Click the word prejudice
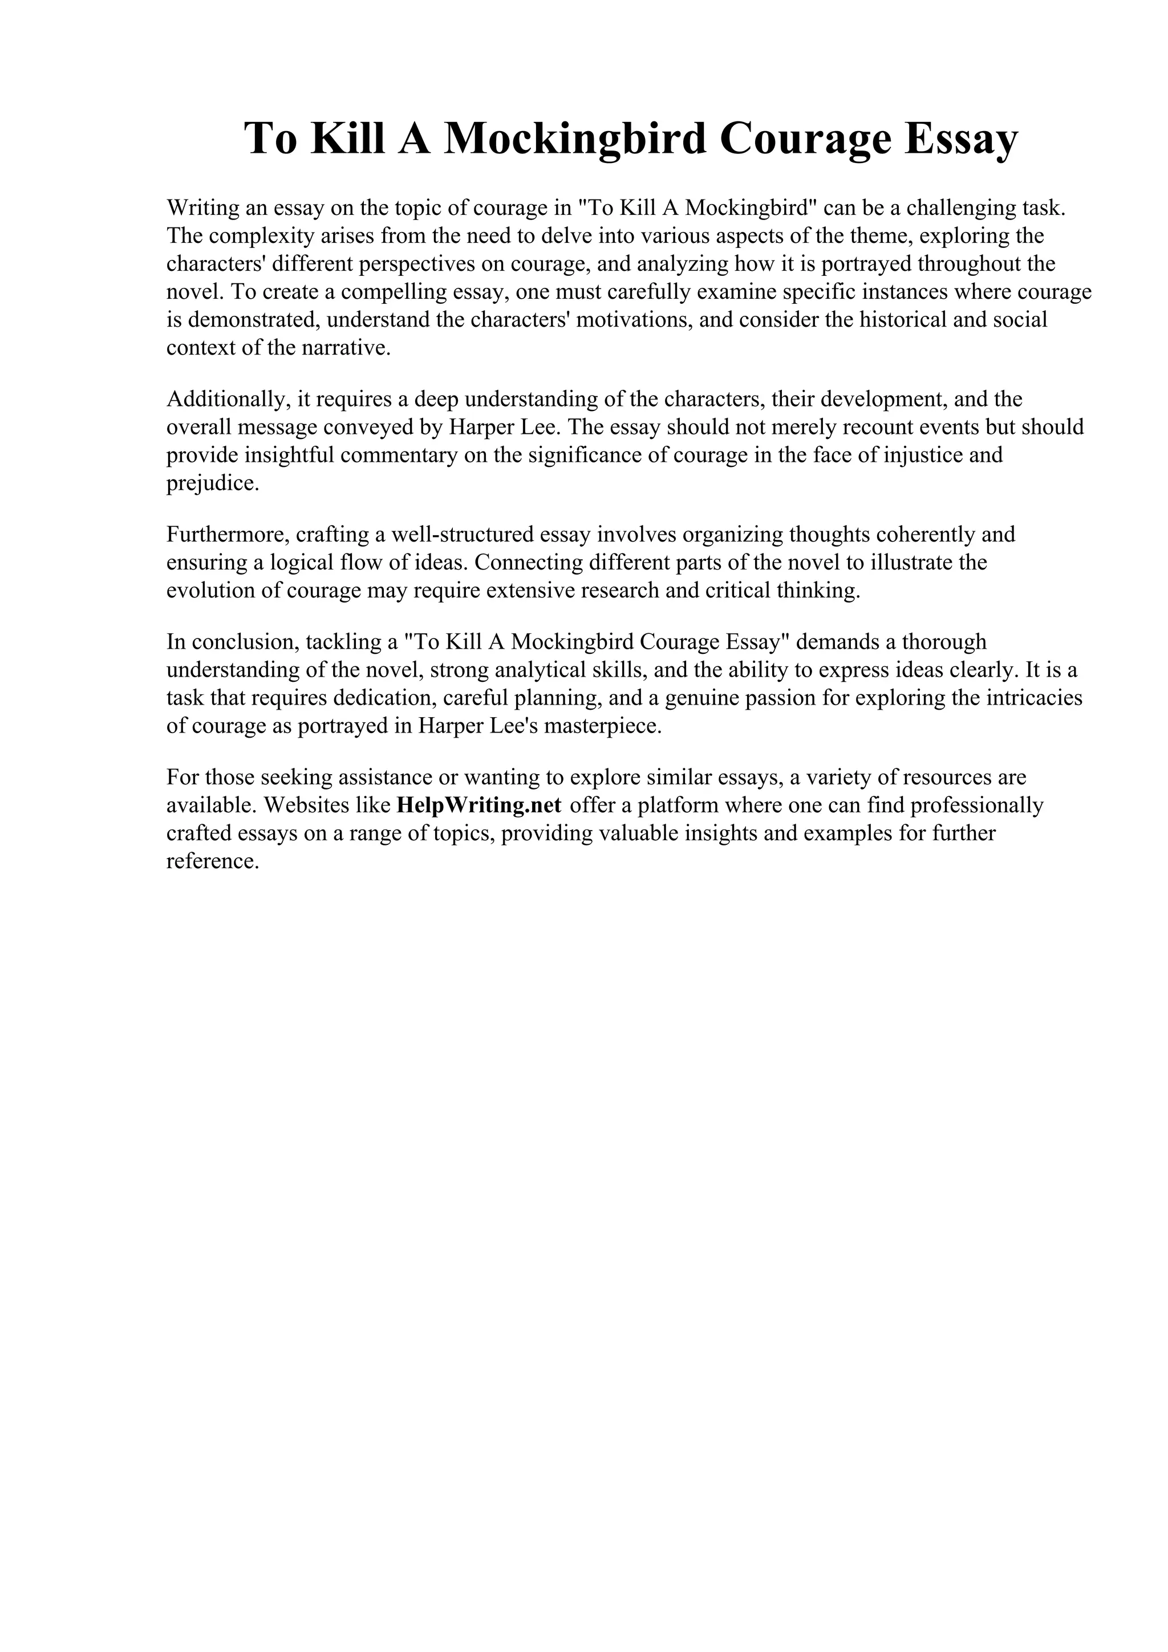tap(211, 483)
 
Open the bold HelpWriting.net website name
tap(478, 805)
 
